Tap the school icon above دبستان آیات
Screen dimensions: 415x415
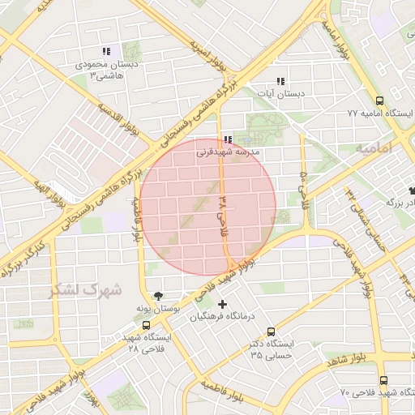click(280, 81)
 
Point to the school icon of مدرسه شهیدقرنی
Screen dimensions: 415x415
click(227, 139)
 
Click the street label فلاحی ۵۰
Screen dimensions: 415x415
click(304, 183)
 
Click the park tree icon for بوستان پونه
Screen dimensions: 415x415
click(158, 297)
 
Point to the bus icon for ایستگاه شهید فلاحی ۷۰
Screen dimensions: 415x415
click(383, 380)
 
